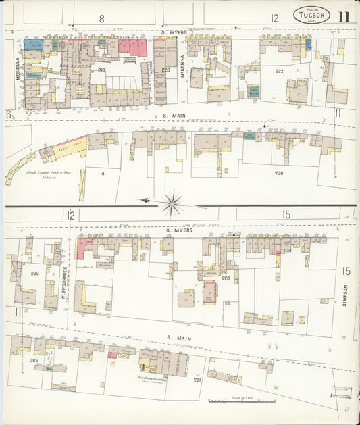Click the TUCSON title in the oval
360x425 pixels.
(311, 16)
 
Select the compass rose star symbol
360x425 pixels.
(174, 201)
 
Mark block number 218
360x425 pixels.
(101, 70)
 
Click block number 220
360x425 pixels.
(165, 70)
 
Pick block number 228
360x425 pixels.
(226, 278)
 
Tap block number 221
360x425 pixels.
(197, 380)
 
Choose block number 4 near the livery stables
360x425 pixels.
(104, 174)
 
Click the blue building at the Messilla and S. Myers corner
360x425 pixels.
(32, 45)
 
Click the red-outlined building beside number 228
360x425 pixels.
(210, 292)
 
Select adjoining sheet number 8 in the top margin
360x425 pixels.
(101, 18)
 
